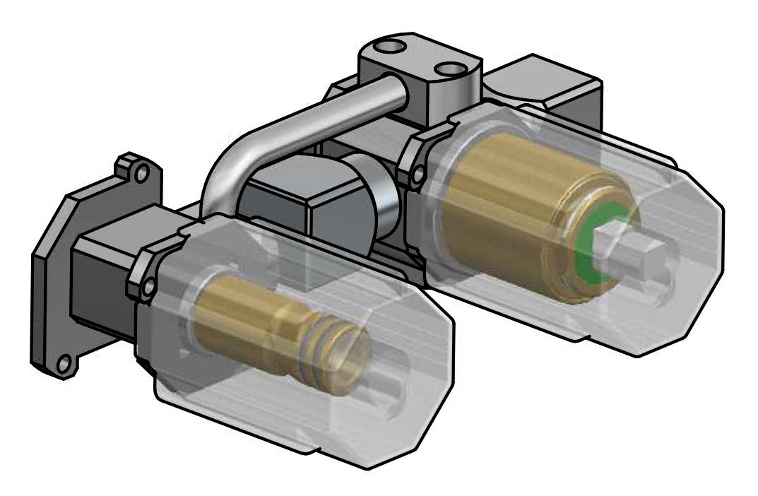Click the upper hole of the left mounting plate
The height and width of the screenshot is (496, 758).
click(x=142, y=172)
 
